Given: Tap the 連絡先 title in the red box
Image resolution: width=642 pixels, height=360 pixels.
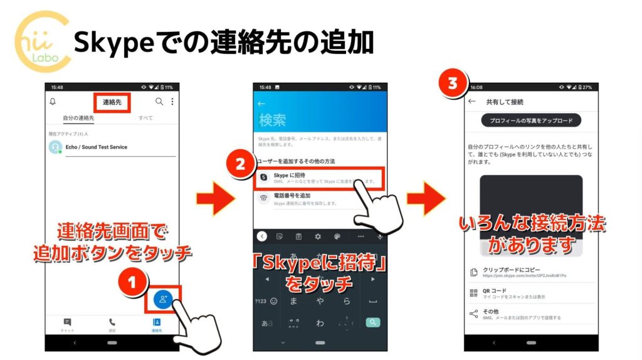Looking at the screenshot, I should [112, 102].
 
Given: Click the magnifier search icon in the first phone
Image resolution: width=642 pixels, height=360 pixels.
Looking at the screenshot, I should [159, 102].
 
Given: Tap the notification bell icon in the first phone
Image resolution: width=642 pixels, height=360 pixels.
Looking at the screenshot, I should [53, 102].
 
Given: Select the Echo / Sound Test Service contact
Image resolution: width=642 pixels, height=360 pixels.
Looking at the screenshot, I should [96, 147].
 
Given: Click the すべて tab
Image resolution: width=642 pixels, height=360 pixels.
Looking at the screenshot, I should [145, 118].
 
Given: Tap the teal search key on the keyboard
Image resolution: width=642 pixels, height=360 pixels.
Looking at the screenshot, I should [373, 322].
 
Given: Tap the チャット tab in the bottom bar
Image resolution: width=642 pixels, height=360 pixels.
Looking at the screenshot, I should [67, 325].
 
